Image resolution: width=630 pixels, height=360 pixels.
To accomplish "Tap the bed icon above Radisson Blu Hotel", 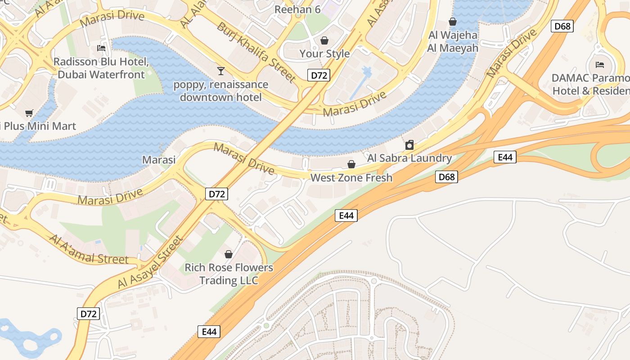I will click(x=101, y=48).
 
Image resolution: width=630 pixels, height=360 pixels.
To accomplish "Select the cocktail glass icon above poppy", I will click(x=220, y=71).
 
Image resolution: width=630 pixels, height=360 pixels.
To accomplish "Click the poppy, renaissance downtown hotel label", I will click(x=220, y=91).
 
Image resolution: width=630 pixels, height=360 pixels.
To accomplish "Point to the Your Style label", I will click(x=324, y=54).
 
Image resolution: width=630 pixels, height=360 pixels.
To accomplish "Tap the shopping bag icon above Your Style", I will click(x=324, y=40).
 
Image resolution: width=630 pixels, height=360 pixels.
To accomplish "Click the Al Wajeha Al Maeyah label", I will click(x=453, y=41).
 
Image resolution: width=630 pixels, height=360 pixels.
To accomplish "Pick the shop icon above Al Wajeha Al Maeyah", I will click(x=453, y=22).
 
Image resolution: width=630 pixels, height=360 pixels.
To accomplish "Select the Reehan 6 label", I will click(x=297, y=9).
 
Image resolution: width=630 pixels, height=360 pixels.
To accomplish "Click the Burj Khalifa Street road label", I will click(x=256, y=52).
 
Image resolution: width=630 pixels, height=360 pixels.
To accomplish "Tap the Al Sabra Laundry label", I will click(x=409, y=158).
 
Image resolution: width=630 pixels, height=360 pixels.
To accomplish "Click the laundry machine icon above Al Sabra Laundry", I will click(x=409, y=145).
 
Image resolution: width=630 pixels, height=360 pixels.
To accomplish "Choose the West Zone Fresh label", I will click(x=351, y=178).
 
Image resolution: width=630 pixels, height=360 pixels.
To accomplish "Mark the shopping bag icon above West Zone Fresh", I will click(x=351, y=164).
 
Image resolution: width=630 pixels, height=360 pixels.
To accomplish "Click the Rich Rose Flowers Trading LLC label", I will click(x=229, y=274).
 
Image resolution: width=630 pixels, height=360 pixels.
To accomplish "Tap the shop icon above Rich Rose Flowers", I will click(x=229, y=254).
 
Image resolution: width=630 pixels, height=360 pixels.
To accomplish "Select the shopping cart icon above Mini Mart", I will click(x=29, y=113).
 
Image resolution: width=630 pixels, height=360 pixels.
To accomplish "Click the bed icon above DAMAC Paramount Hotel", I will click(x=599, y=64).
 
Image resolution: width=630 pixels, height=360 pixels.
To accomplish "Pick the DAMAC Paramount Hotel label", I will click(x=590, y=84).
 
